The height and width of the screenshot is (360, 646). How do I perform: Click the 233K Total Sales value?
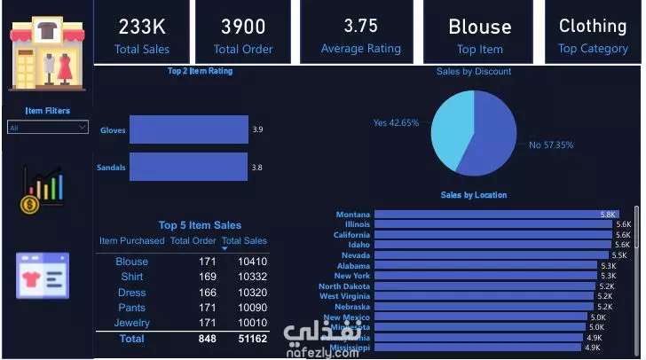click(x=142, y=27)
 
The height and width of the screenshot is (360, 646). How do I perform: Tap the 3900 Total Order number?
click(x=243, y=27)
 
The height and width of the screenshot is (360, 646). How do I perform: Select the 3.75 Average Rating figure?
click(x=360, y=27)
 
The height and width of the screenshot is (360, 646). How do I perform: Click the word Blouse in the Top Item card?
click(x=479, y=27)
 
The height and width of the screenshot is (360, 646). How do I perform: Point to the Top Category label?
click(x=592, y=49)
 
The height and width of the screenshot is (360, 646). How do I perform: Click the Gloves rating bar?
click(x=188, y=130)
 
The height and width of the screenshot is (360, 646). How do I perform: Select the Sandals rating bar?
click(x=188, y=167)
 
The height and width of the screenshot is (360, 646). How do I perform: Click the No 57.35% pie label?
click(x=551, y=145)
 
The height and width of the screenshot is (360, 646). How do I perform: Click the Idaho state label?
click(x=358, y=245)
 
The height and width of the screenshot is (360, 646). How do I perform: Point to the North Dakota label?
click(x=344, y=286)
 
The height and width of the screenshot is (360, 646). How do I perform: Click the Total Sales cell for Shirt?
click(x=252, y=278)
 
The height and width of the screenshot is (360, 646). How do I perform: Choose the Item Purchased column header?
click(x=131, y=240)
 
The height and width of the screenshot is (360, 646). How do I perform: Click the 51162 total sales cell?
click(x=252, y=339)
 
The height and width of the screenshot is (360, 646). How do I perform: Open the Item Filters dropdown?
click(x=47, y=128)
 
